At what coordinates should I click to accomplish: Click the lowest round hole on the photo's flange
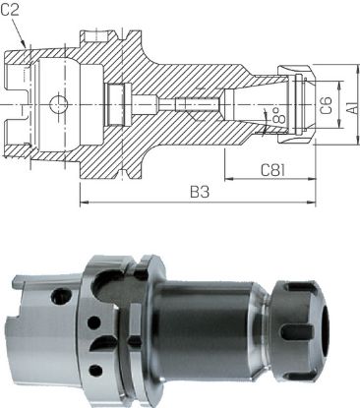[x=93, y=370]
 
